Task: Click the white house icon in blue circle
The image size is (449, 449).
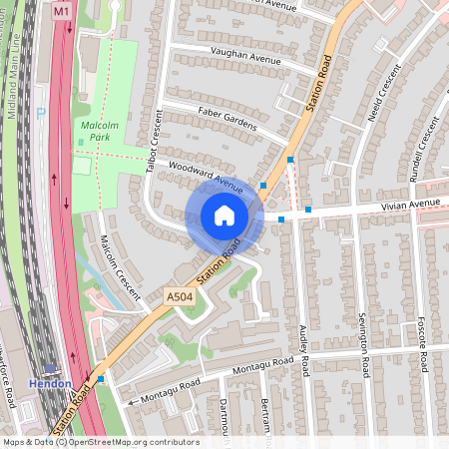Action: (x=224, y=216)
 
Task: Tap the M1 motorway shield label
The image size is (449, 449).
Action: (x=62, y=11)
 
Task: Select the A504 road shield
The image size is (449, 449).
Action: (x=179, y=297)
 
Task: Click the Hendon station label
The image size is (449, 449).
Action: (x=49, y=383)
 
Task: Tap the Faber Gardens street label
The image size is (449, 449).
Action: (x=227, y=118)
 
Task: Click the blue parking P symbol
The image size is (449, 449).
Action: (x=41, y=113)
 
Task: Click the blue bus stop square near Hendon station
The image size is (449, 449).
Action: (x=101, y=379)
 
